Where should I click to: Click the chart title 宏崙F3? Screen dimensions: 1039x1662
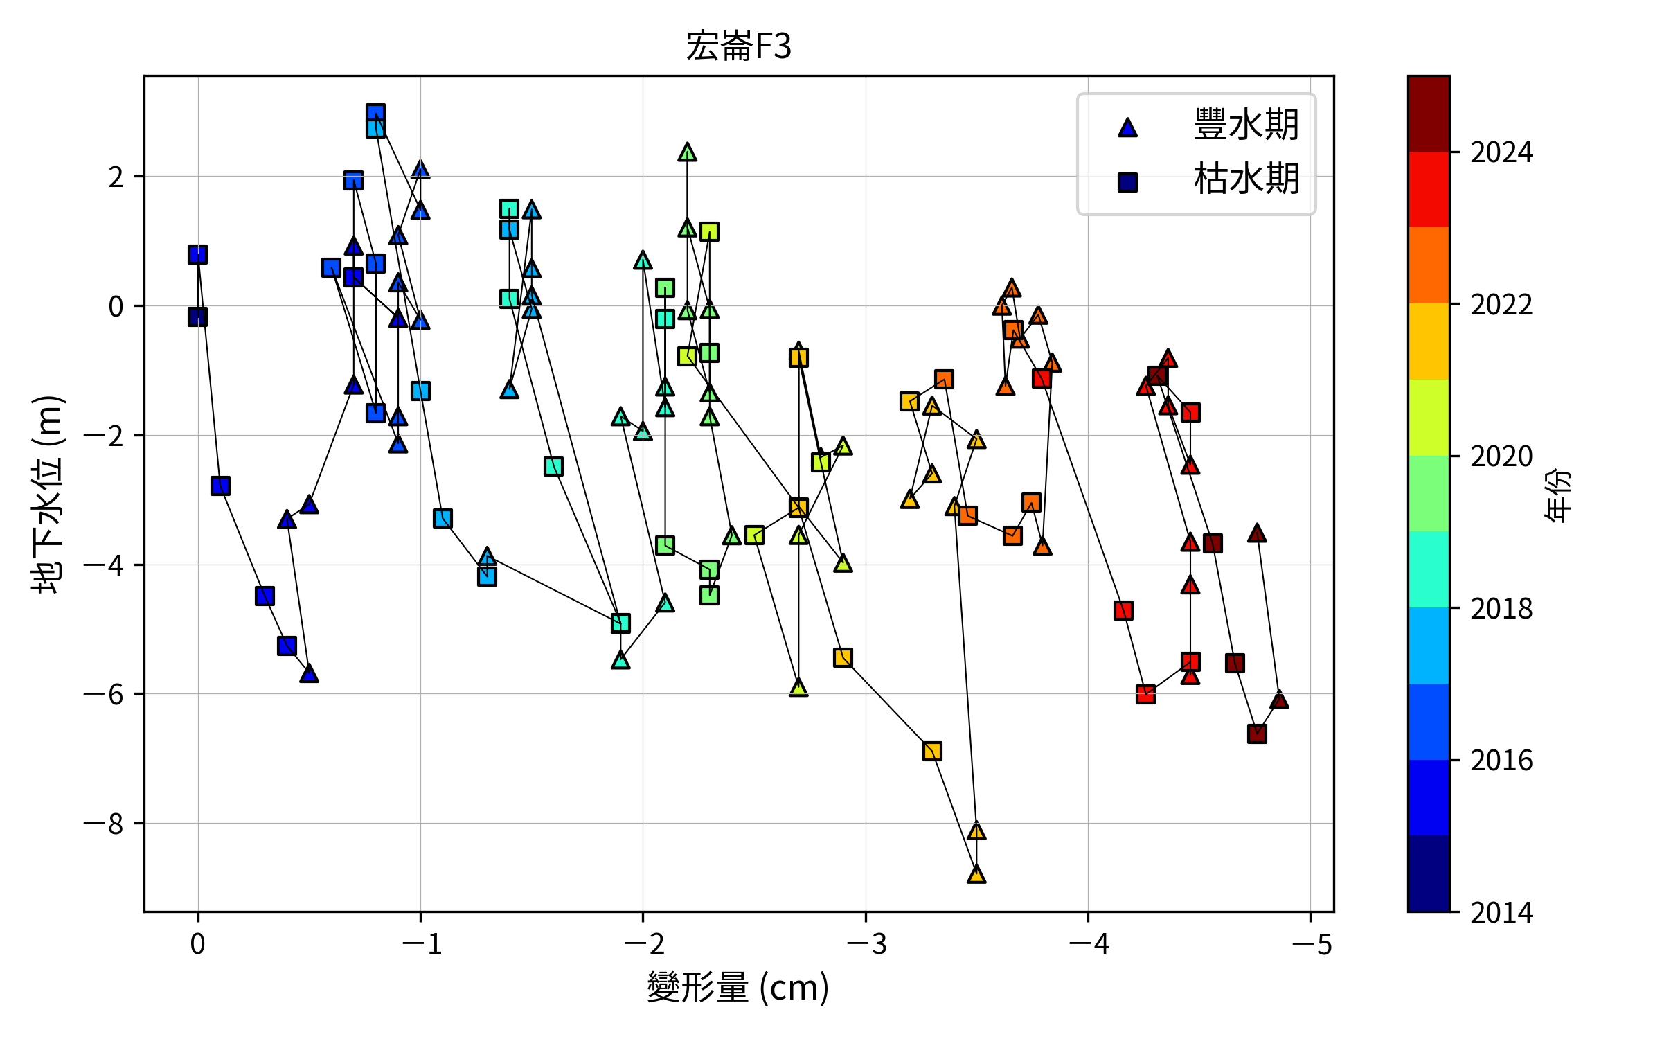(738, 46)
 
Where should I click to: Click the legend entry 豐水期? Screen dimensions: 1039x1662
(1245, 125)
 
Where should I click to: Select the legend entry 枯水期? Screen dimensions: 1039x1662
(1245, 179)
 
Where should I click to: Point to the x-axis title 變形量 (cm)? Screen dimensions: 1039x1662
(738, 987)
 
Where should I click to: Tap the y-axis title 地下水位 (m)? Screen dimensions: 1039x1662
(47, 494)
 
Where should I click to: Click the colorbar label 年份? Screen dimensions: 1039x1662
(1558, 494)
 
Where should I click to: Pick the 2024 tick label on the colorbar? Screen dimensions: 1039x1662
(1501, 152)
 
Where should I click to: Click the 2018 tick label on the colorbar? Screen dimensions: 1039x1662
(1501, 609)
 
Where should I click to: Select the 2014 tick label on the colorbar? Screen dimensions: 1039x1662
(1501, 913)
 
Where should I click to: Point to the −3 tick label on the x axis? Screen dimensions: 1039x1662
(866, 944)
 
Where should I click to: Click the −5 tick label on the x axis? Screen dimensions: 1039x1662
(1310, 944)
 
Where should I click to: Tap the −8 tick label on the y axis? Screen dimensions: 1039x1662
(104, 824)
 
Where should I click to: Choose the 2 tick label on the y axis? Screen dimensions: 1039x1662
(116, 177)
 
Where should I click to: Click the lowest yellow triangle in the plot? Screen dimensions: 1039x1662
(976, 875)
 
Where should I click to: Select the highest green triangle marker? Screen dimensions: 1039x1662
(687, 152)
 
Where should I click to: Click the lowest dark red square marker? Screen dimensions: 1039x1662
(1257, 734)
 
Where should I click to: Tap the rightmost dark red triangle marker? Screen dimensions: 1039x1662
(1279, 700)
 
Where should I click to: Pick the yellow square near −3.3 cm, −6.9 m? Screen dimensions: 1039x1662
(932, 751)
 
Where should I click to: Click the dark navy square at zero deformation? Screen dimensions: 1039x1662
(197, 317)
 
